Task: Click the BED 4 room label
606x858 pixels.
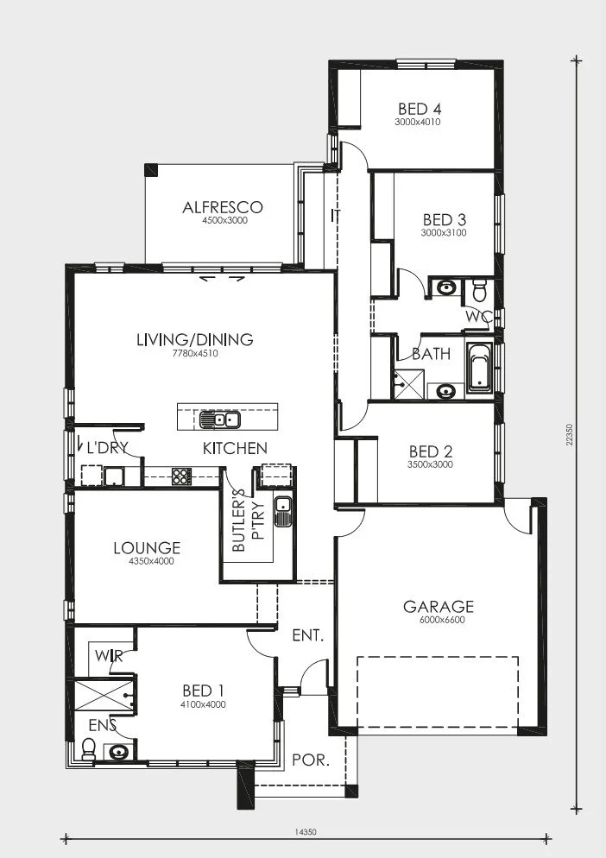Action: point(420,109)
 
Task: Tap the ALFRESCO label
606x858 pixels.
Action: point(222,207)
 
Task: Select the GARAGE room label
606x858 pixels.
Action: point(438,606)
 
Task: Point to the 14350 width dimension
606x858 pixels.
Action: point(306,832)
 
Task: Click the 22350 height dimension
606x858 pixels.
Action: point(570,434)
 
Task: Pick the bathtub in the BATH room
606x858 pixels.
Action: point(479,367)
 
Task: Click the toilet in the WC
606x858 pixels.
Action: point(480,291)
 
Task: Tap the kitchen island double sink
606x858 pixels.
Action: point(219,420)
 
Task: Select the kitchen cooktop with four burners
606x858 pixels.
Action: point(180,476)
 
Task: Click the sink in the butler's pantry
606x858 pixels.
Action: point(283,512)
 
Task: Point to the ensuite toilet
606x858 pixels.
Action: point(88,749)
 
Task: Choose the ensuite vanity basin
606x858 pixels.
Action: point(118,752)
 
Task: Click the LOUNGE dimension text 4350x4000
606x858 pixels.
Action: point(151,561)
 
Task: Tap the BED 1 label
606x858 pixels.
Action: point(203,691)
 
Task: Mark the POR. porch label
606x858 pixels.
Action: point(311,760)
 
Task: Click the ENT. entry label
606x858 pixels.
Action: point(308,635)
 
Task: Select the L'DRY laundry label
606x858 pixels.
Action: point(107,448)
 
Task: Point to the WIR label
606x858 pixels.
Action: point(109,655)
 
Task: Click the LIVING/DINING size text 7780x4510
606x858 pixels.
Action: point(195,353)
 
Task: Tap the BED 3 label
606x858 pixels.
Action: point(444,220)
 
